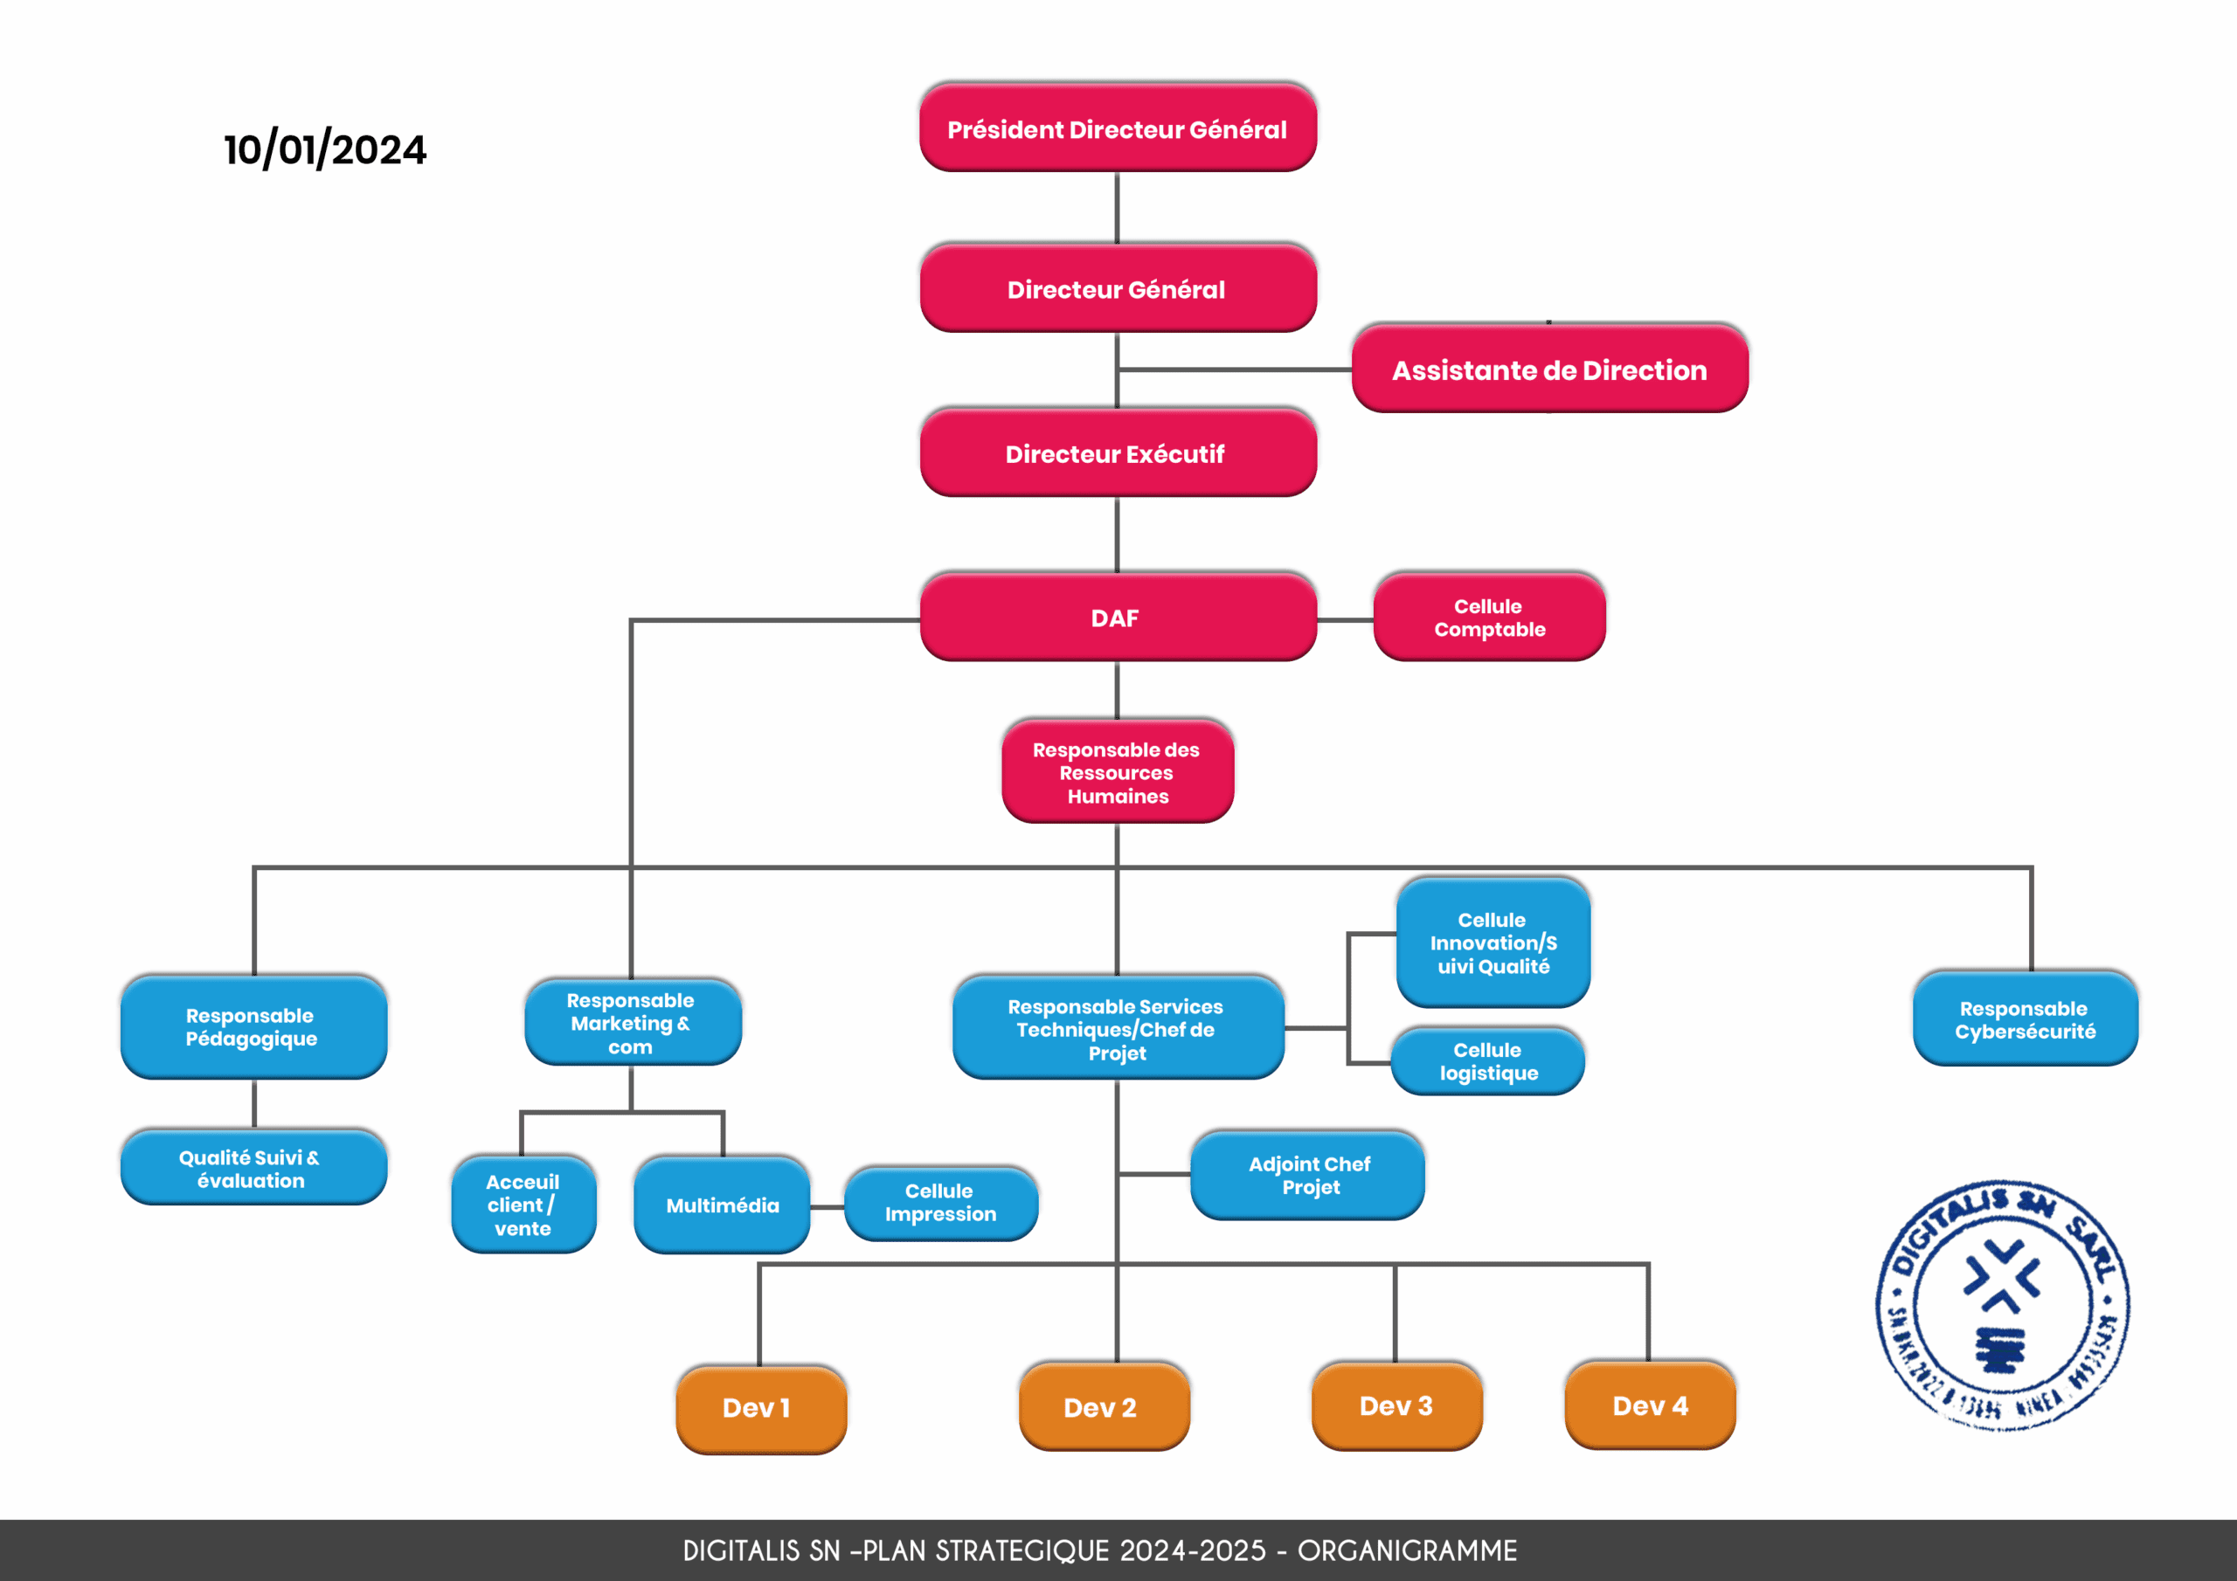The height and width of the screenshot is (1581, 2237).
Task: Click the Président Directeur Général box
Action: [1118, 128]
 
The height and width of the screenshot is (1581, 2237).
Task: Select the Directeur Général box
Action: [1118, 289]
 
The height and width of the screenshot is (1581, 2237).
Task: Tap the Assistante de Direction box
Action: [1549, 370]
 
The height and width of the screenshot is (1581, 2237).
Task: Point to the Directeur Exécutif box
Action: [1118, 454]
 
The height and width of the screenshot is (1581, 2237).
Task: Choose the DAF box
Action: [1118, 618]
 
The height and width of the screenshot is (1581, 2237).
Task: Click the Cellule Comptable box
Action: [1489, 618]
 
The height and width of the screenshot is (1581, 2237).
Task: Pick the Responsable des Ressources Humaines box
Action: [1118, 772]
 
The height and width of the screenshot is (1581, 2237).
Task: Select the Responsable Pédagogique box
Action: [253, 1026]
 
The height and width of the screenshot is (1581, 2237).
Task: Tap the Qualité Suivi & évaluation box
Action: [253, 1168]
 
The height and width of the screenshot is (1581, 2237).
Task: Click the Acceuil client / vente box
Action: [523, 1205]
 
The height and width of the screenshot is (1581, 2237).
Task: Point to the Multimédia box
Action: [722, 1205]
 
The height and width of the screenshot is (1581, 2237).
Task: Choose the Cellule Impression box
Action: [940, 1203]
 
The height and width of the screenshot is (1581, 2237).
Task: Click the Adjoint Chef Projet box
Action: [1307, 1175]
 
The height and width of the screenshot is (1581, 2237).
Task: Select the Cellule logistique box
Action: [1488, 1060]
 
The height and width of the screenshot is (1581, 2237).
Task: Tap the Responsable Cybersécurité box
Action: [2025, 1019]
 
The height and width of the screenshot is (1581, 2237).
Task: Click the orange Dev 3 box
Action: [1396, 1405]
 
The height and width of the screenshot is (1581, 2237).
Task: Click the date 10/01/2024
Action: [325, 150]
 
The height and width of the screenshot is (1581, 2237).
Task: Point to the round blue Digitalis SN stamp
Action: [2002, 1305]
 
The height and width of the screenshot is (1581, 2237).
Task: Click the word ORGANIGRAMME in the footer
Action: [1407, 1550]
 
